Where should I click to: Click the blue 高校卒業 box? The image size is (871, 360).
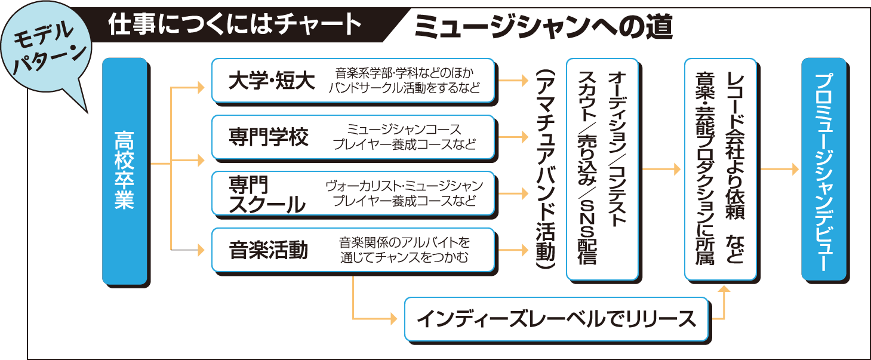coord(124,170)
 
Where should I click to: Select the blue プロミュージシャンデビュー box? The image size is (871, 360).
coord(823,170)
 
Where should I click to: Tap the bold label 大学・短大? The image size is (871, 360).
coord(272,81)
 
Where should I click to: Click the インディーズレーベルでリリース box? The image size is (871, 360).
coord(556,319)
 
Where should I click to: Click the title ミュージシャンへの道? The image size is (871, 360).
coord(543,27)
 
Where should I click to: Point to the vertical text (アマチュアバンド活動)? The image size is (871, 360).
coord(545,170)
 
